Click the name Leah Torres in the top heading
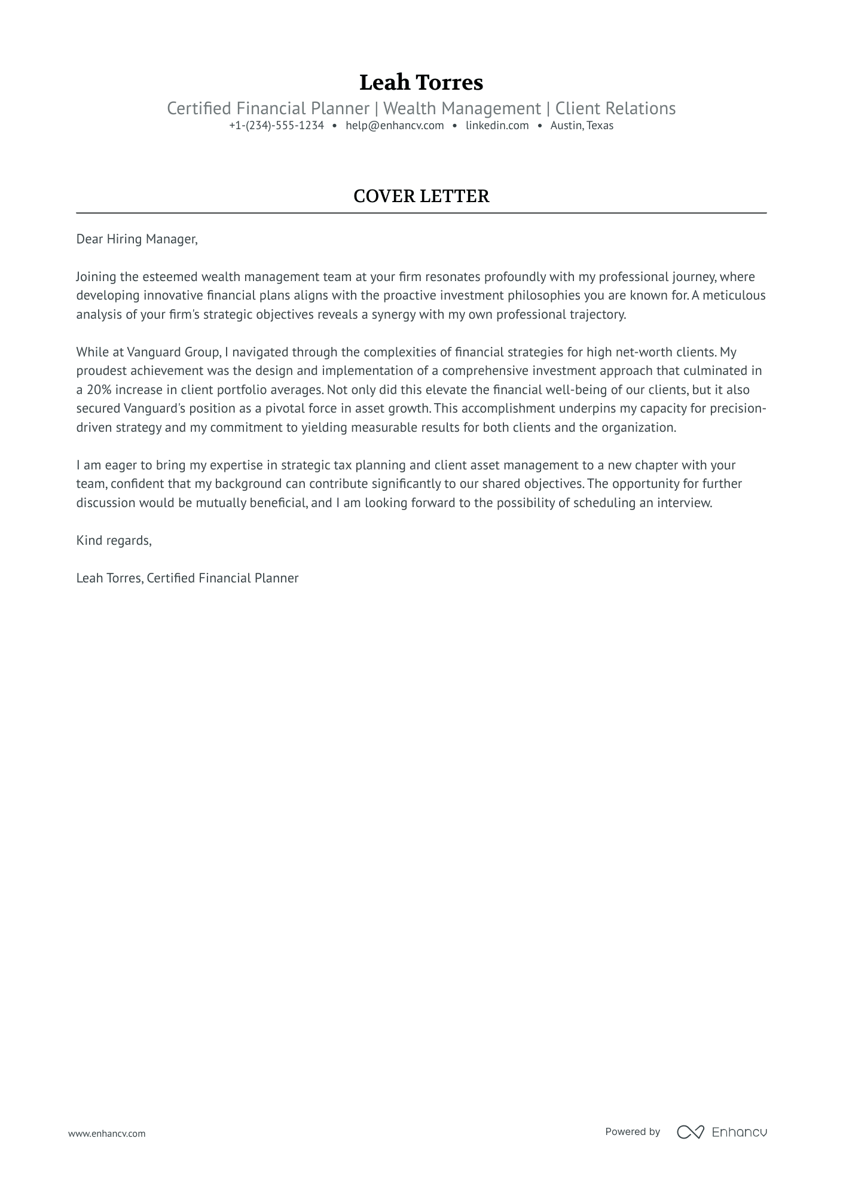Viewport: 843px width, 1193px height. [x=421, y=83]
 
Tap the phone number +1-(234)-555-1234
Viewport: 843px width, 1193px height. [x=276, y=126]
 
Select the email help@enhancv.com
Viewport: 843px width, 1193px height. [x=395, y=126]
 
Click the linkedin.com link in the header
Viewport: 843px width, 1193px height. [x=497, y=126]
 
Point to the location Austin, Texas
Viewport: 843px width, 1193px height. [x=582, y=126]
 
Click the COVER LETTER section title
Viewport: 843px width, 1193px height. [x=421, y=196]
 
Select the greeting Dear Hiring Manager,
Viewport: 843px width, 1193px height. [x=136, y=239]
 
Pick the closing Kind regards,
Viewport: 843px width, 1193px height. [x=114, y=541]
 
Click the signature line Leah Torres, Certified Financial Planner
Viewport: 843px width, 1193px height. [x=187, y=578]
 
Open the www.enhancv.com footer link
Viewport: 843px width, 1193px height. [x=106, y=1133]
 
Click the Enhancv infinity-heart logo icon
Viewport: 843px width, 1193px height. [x=690, y=1132]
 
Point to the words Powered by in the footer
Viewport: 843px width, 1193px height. [x=632, y=1131]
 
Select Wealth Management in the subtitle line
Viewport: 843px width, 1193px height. [x=462, y=109]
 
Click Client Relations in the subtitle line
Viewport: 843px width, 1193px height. [x=615, y=109]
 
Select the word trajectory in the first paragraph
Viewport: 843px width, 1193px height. [x=598, y=315]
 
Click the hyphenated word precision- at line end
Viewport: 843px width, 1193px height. [x=738, y=409]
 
